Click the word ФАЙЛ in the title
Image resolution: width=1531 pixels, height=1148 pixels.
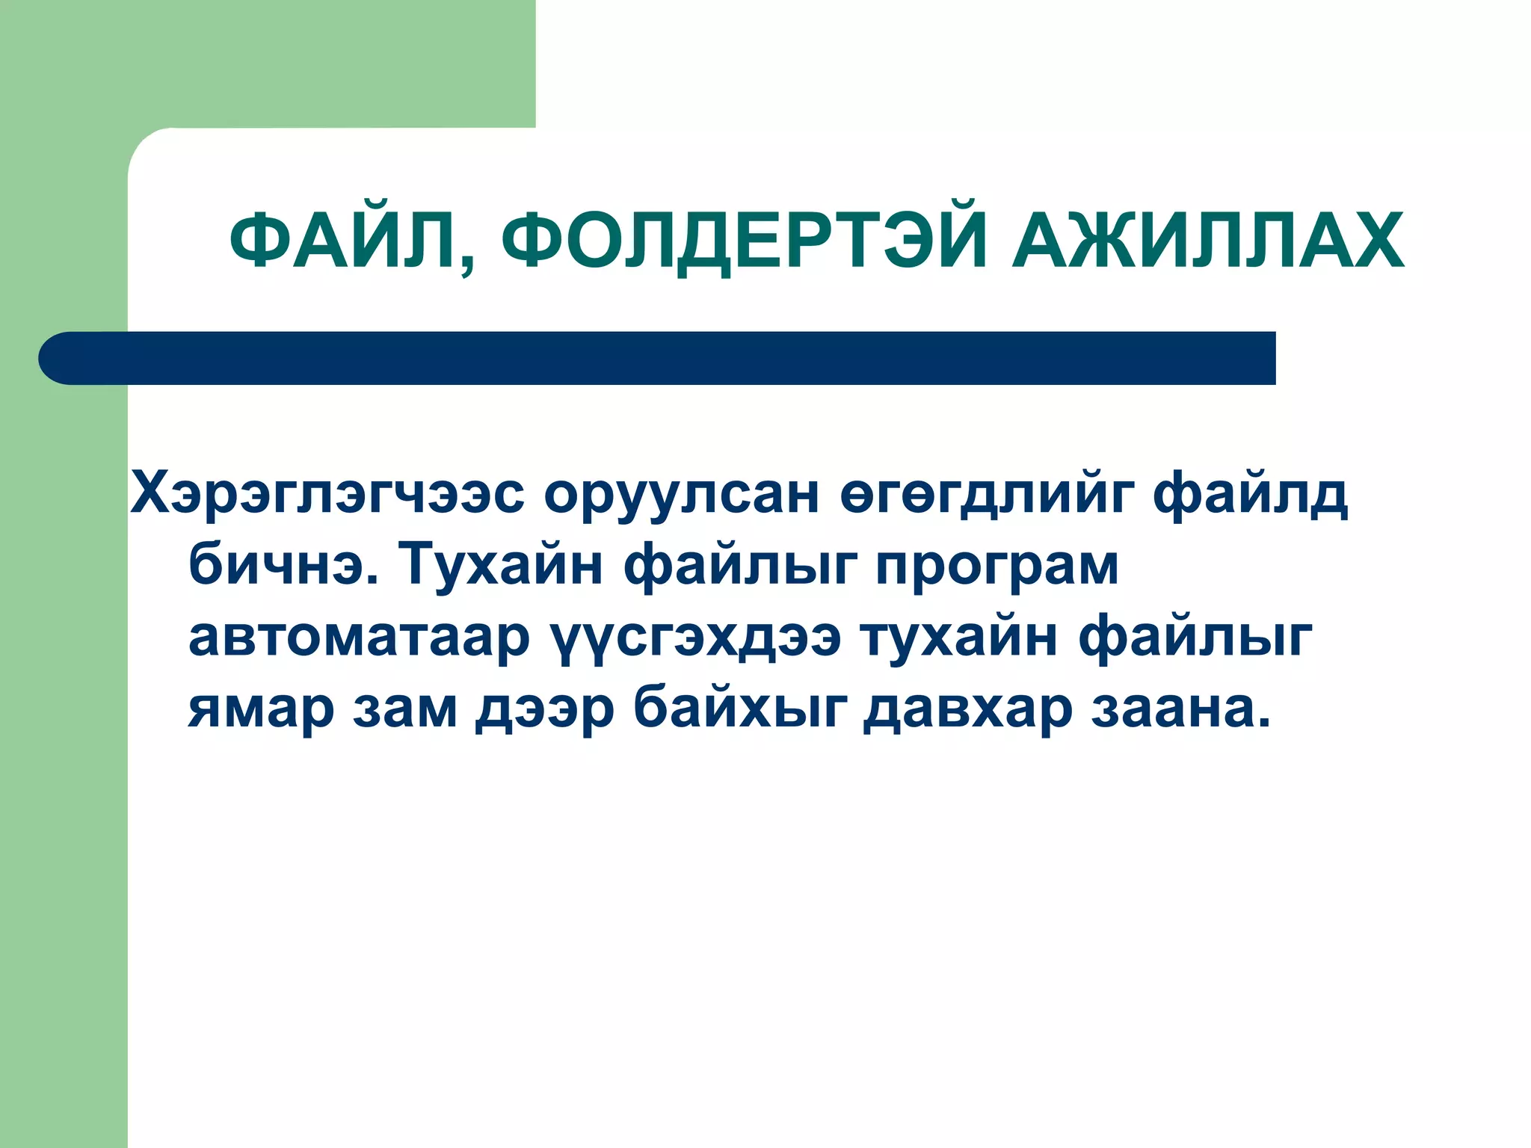342,241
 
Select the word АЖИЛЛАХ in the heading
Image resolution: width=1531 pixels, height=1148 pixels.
1207,241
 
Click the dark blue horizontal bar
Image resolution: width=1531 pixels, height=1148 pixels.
658,358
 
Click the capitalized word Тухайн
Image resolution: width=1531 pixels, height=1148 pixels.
499,564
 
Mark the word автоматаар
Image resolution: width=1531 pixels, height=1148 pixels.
359,637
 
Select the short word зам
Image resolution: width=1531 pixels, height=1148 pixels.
404,709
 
